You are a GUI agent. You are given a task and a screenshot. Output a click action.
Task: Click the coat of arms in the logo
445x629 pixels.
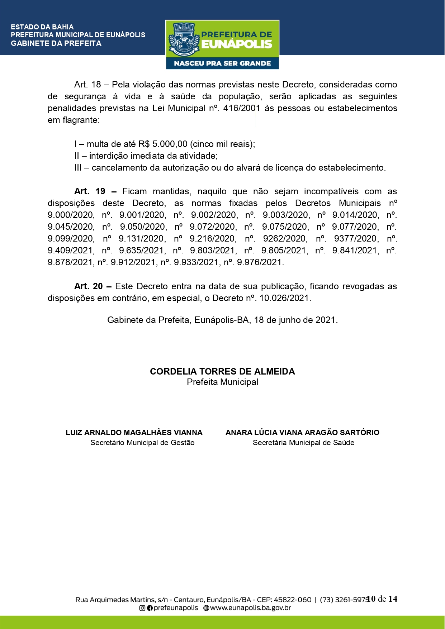183,39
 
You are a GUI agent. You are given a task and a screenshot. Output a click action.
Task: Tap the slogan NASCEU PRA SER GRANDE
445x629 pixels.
222,63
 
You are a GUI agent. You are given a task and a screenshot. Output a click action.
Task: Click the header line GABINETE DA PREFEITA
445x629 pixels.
56,43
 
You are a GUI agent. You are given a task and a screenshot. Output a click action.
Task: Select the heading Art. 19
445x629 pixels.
90,191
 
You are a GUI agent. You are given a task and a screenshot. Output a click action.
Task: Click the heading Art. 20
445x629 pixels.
89,286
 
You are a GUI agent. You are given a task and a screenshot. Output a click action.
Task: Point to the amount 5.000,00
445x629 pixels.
170,144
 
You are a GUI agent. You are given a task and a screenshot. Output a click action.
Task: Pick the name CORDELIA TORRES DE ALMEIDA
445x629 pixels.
222,372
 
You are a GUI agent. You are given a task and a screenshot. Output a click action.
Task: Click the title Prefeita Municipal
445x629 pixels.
222,382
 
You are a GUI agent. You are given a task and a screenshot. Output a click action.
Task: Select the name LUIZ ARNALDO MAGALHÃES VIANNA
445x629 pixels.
134,433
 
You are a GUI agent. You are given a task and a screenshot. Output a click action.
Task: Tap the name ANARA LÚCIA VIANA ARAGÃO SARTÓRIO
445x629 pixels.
302,433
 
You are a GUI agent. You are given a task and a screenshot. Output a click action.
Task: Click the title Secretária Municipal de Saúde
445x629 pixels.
303,443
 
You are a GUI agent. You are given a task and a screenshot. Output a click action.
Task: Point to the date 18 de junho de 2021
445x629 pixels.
295,320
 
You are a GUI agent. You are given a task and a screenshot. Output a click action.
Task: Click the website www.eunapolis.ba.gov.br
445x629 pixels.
250,608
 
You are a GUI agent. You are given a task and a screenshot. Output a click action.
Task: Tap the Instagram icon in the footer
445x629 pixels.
142,608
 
